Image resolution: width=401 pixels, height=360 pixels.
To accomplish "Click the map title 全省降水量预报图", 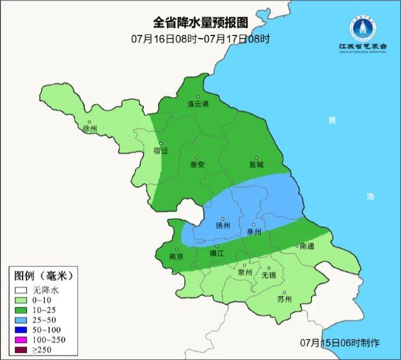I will tap(200, 23).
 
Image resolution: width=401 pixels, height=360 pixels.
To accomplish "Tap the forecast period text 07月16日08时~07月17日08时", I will tap(200, 40).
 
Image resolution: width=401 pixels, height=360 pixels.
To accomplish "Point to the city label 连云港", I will tap(198, 104).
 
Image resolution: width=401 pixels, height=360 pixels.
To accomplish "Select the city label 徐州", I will tap(91, 129).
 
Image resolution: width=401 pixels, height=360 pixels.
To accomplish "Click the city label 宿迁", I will tap(160, 151).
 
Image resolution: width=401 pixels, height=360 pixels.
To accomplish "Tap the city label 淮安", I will tap(197, 165).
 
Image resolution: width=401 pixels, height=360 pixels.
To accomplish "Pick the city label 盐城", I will tap(256, 165).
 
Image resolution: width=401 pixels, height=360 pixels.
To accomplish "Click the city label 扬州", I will tap(223, 226).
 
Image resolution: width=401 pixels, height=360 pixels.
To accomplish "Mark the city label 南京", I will tap(176, 256).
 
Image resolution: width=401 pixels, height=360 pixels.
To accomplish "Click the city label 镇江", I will tap(216, 254).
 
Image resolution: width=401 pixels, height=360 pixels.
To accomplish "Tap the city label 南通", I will tap(307, 247).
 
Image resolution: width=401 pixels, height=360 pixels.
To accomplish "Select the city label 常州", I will tap(245, 272).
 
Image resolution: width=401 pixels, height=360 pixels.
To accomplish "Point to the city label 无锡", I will tap(269, 275).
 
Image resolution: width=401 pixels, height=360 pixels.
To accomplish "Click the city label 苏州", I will tap(284, 300).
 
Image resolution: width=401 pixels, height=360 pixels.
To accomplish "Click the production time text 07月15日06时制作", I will tap(340, 343).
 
